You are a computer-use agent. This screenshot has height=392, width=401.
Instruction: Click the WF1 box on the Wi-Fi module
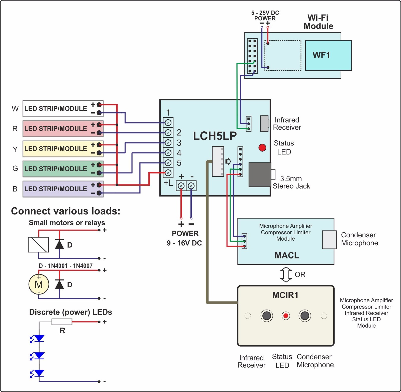pyautogui.click(x=328, y=55)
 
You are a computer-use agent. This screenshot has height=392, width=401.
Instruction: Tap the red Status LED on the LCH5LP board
pyautogui.click(x=262, y=148)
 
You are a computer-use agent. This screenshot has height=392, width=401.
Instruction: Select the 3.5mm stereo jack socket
pyautogui.click(x=260, y=175)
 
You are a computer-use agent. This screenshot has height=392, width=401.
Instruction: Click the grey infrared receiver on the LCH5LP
pyautogui.click(x=264, y=123)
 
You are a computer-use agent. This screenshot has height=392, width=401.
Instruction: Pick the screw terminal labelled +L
pyautogui.click(x=168, y=173)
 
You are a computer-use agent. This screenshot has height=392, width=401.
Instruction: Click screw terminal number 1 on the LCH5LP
pyautogui.click(x=168, y=123)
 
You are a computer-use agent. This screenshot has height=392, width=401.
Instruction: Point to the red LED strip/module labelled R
pyautogui.click(x=63, y=129)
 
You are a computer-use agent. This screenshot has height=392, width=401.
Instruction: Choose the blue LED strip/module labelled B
pyautogui.click(x=63, y=189)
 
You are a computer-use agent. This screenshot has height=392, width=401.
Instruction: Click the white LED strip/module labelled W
pyautogui.click(x=63, y=109)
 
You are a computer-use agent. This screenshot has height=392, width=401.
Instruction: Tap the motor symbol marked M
pyautogui.click(x=39, y=284)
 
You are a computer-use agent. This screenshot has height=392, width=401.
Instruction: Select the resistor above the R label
pyautogui.click(x=62, y=322)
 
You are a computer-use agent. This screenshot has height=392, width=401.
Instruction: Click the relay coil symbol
pyautogui.click(x=38, y=244)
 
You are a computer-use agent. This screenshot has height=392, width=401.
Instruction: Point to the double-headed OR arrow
pyautogui.click(x=286, y=274)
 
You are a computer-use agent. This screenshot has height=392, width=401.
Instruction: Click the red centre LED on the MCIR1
pyautogui.click(x=286, y=316)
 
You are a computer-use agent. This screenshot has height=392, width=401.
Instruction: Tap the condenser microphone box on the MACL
pyautogui.click(x=329, y=240)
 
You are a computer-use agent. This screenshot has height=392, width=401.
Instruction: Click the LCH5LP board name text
pyautogui.click(x=215, y=136)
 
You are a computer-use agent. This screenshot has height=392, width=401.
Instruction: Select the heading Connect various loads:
pyautogui.click(x=66, y=211)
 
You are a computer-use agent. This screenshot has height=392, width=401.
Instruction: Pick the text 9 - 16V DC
pyautogui.click(x=184, y=243)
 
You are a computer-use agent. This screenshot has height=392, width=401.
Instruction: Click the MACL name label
pyautogui.click(x=287, y=255)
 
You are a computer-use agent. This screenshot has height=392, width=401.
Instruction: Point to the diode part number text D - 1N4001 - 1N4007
pyautogui.click(x=66, y=266)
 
